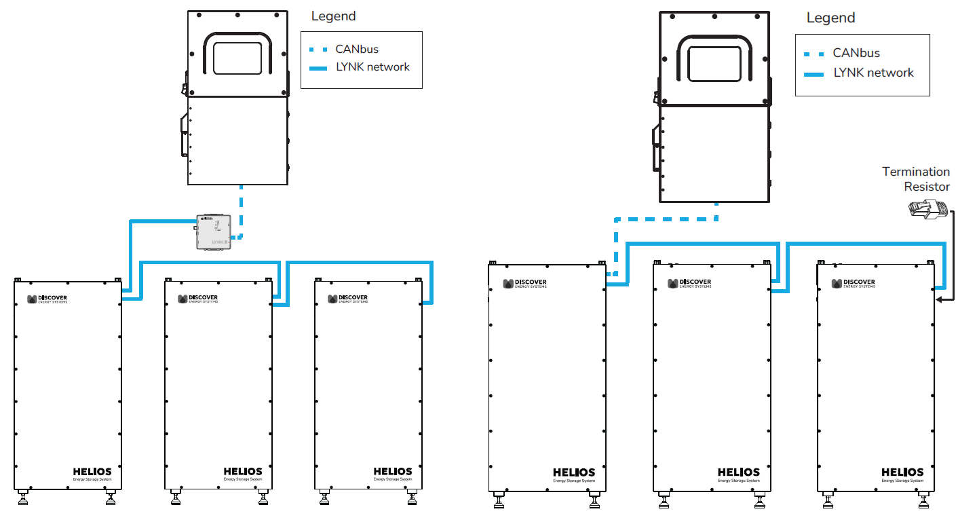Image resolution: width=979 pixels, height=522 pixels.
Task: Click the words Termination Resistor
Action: point(916,179)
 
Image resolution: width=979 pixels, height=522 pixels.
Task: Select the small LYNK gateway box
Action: point(213,232)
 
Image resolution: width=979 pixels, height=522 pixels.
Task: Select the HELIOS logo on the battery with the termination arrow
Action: point(902,472)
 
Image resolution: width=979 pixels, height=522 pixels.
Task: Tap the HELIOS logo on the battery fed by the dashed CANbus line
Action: point(573,472)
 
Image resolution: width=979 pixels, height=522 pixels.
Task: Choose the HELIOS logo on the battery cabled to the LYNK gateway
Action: point(92,471)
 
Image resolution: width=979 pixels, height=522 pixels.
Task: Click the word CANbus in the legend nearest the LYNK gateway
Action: point(357,49)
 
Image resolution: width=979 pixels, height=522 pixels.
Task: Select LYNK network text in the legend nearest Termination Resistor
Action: point(873,73)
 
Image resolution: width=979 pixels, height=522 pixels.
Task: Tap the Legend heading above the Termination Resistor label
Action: point(830,18)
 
